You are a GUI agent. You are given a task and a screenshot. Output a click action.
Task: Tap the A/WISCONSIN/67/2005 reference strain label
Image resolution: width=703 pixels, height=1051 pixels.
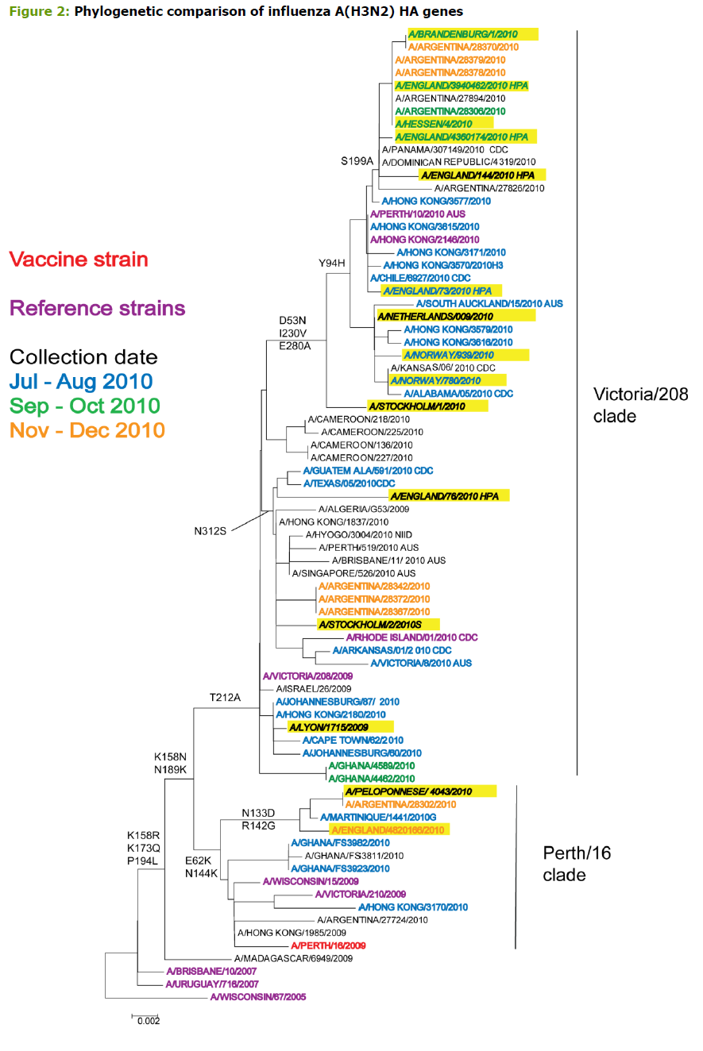(x=258, y=997)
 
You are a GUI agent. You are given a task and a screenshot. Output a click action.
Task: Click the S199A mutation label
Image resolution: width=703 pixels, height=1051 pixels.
(x=357, y=161)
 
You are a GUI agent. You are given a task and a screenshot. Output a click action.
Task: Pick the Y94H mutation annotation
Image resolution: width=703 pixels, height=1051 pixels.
(x=333, y=264)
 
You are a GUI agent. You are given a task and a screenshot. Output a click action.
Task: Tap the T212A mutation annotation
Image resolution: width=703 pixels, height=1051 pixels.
(x=225, y=699)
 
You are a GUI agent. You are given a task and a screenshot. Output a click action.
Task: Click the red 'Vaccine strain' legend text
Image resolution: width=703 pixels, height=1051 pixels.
(x=79, y=260)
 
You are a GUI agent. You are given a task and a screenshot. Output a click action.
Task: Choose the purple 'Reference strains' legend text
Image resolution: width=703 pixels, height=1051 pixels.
(x=98, y=308)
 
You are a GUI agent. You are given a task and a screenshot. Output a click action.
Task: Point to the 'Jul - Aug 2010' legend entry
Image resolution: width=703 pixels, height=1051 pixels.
(x=82, y=382)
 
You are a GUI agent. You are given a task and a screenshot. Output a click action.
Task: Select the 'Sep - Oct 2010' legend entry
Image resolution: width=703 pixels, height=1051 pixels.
(x=86, y=406)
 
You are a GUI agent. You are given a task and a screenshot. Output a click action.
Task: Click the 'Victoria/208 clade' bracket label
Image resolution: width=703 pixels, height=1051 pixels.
(x=640, y=405)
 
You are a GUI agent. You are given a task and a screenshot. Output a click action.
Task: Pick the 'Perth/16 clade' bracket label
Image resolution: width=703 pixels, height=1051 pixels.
(x=576, y=864)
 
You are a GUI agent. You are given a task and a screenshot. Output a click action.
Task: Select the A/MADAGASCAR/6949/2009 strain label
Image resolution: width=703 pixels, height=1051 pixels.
(x=293, y=959)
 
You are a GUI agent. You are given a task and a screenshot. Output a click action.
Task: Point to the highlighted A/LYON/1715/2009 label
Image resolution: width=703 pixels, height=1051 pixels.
(x=330, y=727)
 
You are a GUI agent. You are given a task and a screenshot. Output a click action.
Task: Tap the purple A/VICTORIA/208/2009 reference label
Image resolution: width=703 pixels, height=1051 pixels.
(x=307, y=676)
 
